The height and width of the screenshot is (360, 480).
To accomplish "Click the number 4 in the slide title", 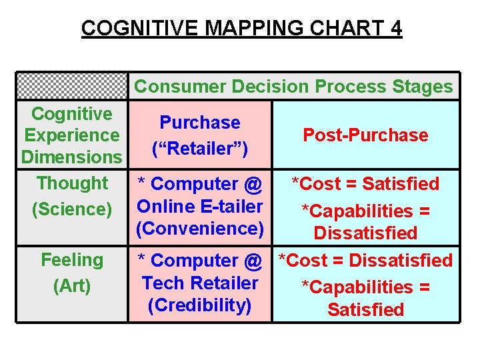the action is tap(394, 29).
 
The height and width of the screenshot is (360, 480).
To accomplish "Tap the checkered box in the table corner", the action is tap(71, 85).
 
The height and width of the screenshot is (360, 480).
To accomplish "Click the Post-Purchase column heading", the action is tap(365, 135).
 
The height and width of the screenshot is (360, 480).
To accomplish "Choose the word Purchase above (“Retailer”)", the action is tap(200, 123).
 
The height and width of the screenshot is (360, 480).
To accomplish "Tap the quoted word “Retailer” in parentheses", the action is tap(200, 148).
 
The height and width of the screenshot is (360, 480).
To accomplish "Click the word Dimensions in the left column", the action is tap(72, 157).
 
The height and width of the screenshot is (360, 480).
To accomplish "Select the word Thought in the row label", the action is tap(72, 183).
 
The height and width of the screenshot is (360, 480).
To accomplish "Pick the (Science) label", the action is tap(72, 209).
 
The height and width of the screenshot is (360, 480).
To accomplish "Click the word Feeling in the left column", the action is tap(72, 260).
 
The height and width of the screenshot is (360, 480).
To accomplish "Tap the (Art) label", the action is tap(72, 286).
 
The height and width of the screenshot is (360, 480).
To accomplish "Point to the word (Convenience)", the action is tap(200, 229).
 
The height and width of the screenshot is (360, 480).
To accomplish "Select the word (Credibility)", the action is tap(200, 305).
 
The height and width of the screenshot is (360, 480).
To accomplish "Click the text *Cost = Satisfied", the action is tap(365, 184).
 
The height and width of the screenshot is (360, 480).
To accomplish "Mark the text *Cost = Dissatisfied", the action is tap(365, 261).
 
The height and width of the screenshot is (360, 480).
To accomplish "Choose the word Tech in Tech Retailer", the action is tap(161, 283).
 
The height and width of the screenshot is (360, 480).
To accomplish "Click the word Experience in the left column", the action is tap(72, 135).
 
